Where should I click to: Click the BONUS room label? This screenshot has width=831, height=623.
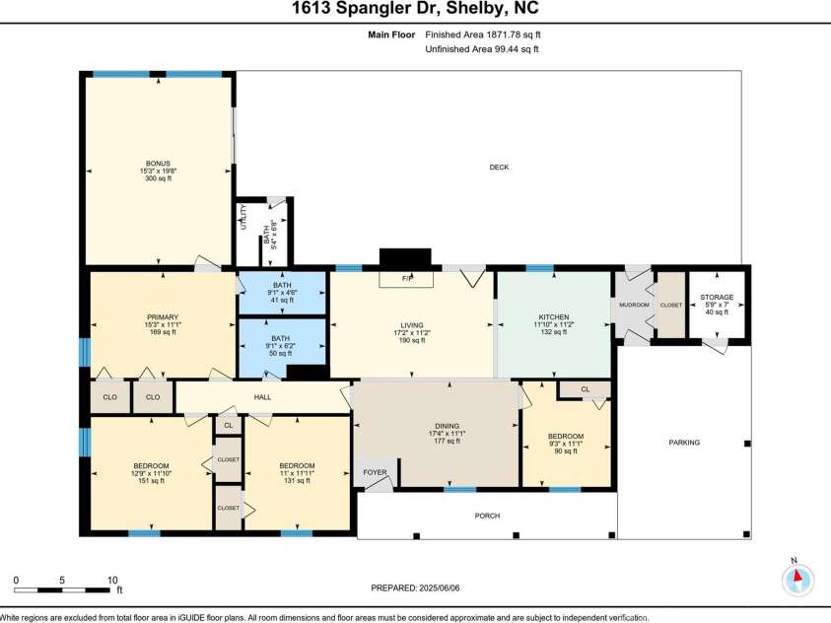point(158,164)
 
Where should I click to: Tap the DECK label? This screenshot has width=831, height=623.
point(499,167)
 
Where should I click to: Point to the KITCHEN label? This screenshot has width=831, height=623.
point(554,317)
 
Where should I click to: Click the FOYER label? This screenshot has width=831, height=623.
point(375,472)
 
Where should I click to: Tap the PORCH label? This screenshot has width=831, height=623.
point(487,516)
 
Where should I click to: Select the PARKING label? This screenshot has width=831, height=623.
point(683,443)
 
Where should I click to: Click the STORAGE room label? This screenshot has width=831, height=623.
point(717,297)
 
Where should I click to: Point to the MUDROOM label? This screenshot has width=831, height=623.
point(633,305)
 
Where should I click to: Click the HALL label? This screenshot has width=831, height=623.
point(262,397)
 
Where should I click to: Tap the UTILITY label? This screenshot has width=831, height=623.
point(242,217)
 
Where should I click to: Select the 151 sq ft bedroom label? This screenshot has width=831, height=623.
point(151,466)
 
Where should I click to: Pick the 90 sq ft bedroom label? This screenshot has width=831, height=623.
point(565,437)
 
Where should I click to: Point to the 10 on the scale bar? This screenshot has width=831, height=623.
point(112,581)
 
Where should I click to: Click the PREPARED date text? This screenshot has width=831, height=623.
point(415,588)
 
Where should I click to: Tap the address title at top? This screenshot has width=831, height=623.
point(415,9)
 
